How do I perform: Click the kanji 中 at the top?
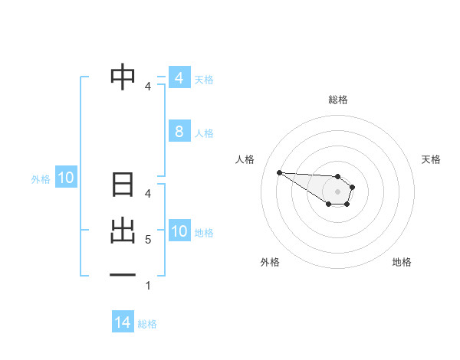[123, 77]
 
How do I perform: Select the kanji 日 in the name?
[123, 186]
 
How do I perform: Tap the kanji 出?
[123, 231]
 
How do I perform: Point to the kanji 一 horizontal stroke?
[123, 274]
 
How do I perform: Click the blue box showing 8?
[179, 132]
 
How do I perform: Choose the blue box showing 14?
[123, 323]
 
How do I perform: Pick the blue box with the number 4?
[179, 78]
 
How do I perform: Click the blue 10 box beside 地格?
[179, 231]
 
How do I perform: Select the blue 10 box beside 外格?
[65, 178]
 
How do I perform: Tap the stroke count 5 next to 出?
[147, 240]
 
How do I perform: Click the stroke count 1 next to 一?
[147, 286]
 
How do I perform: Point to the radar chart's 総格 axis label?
[338, 100]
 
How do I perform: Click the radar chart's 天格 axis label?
[432, 159]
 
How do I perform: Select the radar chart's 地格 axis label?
[402, 262]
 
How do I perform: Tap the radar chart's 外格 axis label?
[270, 262]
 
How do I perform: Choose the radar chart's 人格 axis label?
[245, 159]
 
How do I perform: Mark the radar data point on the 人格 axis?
[279, 172]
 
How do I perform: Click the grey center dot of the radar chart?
[338, 191]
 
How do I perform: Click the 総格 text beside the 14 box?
[147, 324]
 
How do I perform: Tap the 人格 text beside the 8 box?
[204, 133]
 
